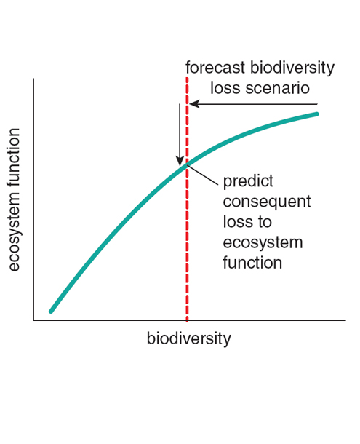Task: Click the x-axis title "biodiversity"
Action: (189, 339)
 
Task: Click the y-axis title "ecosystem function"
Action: (14, 200)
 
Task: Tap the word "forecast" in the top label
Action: (215, 68)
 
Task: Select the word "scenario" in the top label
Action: (277, 88)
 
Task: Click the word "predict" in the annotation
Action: (248, 181)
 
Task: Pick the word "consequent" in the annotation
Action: (267, 202)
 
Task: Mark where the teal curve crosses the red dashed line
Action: (187, 164)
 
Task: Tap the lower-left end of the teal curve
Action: (51, 312)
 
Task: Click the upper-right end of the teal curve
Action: (317, 114)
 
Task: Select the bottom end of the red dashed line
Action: (187, 321)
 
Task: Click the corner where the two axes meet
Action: (33, 320)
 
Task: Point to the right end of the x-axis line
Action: (345, 320)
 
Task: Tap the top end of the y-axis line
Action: (33, 79)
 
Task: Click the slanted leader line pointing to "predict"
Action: (203, 175)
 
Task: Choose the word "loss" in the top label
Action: (226, 88)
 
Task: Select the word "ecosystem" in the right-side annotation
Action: (263, 243)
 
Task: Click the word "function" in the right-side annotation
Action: (252, 263)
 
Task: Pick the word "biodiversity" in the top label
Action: (292, 68)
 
